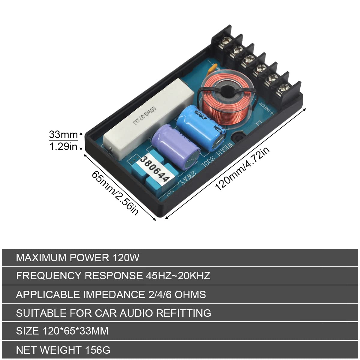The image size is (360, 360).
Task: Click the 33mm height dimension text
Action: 63,135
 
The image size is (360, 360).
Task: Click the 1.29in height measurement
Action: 63,146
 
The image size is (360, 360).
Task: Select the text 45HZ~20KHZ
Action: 178,276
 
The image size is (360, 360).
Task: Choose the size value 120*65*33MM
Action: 76,331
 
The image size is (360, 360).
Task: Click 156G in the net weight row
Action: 98,350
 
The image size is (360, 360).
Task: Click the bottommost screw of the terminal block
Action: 283,88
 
